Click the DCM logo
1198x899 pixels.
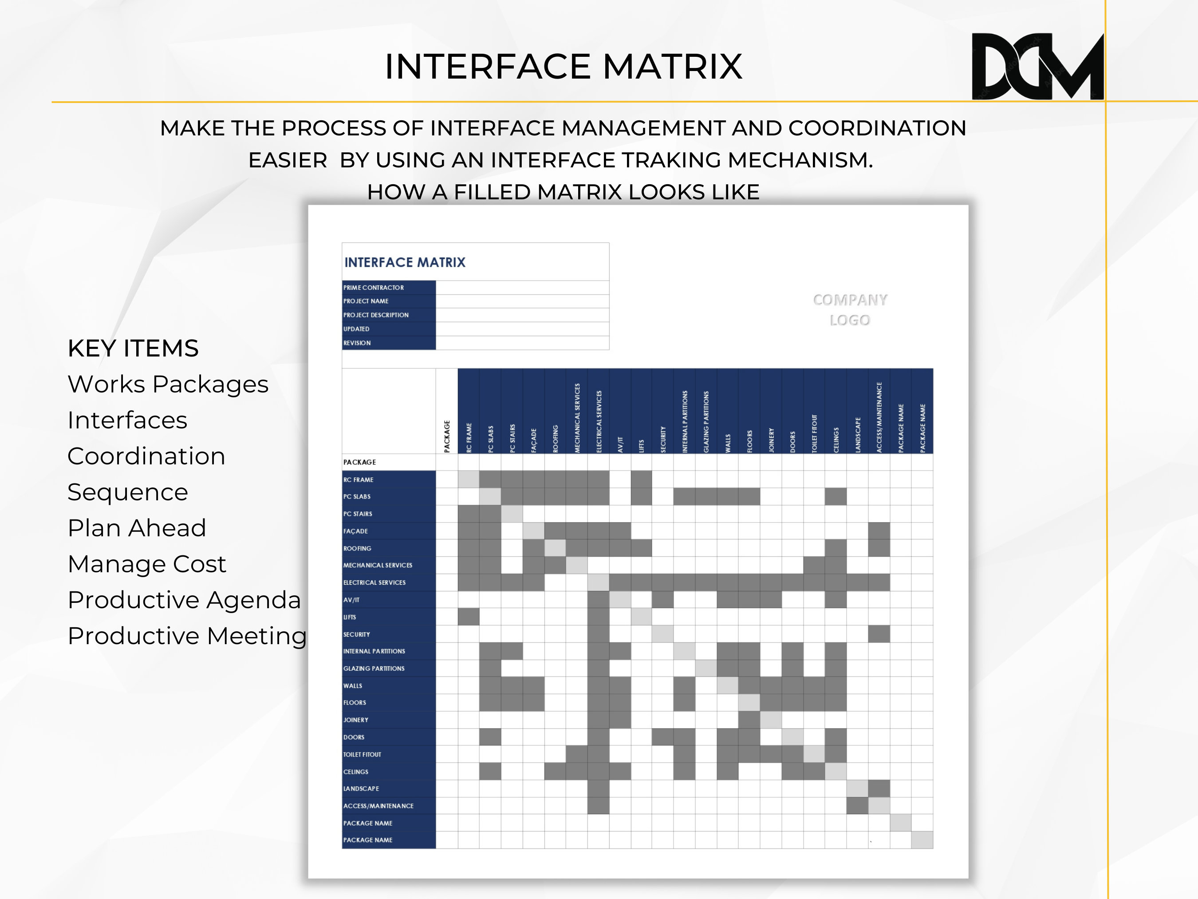click(1037, 67)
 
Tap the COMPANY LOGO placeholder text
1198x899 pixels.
click(850, 309)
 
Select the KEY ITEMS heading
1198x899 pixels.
click(133, 349)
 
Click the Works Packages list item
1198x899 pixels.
click(168, 384)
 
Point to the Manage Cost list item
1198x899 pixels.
click(147, 564)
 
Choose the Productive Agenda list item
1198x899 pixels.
click(184, 600)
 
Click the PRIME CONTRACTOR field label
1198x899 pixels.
click(374, 288)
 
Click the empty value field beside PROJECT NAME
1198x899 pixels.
click(522, 301)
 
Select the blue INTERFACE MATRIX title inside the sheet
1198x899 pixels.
click(405, 262)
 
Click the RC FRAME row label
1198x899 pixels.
click(359, 479)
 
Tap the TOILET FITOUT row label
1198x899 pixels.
click(363, 754)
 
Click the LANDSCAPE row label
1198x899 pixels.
click(361, 788)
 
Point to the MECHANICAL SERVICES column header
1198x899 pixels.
click(577, 417)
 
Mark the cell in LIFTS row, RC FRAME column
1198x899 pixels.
click(469, 617)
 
